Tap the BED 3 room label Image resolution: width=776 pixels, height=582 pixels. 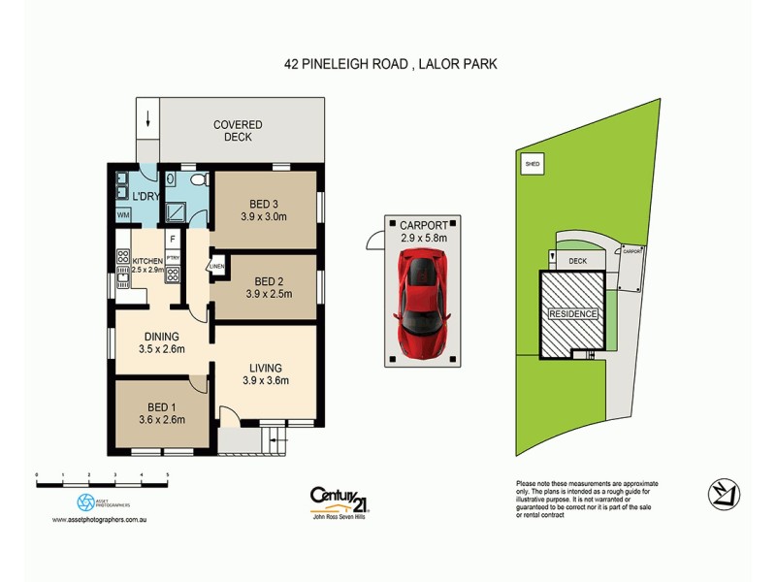click(x=264, y=203)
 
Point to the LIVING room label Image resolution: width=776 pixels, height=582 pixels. click(x=265, y=368)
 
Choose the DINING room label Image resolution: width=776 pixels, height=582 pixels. click(x=162, y=337)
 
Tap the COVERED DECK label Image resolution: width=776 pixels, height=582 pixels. click(x=238, y=131)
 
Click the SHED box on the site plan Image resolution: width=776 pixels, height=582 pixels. click(x=532, y=165)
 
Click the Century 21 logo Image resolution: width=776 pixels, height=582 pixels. click(x=339, y=498)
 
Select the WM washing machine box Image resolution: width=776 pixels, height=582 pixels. click(x=124, y=214)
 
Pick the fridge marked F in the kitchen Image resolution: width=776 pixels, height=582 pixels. click(x=172, y=238)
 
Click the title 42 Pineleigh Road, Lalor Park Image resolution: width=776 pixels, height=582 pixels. click(x=388, y=65)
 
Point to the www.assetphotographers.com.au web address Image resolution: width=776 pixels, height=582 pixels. click(x=100, y=520)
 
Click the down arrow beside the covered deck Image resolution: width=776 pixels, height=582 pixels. click(x=146, y=121)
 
